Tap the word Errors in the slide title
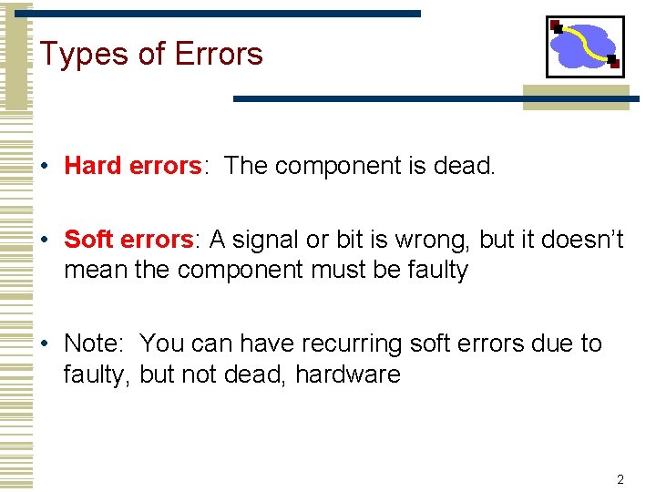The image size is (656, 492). point(218,54)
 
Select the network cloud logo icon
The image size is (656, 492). point(584,46)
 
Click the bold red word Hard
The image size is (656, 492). point(93,166)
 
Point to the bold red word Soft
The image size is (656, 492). point(88,240)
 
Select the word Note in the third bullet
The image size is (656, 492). point(93,343)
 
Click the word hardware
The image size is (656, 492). point(348,374)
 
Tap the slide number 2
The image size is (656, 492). point(620,479)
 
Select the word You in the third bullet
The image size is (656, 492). point(163,343)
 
